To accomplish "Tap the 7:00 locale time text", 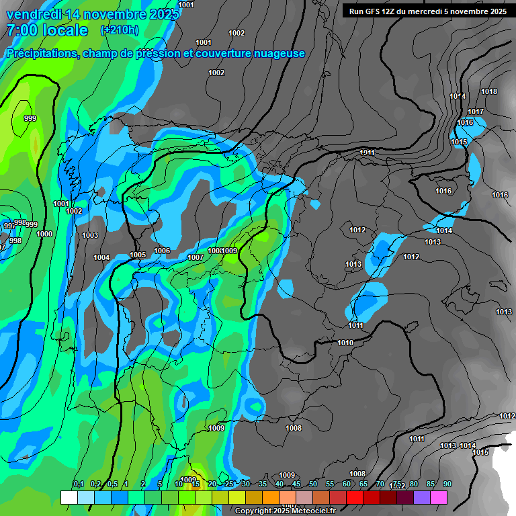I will pyautogui.click(x=47, y=30).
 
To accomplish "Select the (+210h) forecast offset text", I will pyautogui.click(x=120, y=30).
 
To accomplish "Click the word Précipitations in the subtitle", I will pyautogui.click(x=40, y=54).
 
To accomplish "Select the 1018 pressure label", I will pyautogui.click(x=489, y=92).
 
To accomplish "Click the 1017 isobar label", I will pyautogui.click(x=476, y=112).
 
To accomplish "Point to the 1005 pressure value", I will pyautogui.click(x=138, y=255).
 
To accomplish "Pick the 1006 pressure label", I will pyautogui.click(x=162, y=251).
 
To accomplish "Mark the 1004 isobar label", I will pyautogui.click(x=101, y=257).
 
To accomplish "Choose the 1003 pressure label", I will pyautogui.click(x=89, y=235).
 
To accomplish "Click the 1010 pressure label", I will pyautogui.click(x=345, y=343).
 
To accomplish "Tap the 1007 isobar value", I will pyautogui.click(x=196, y=257).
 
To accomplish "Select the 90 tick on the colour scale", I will pyautogui.click(x=447, y=484).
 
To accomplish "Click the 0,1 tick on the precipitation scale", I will pyautogui.click(x=78, y=484).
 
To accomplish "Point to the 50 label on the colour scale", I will pyautogui.click(x=313, y=484).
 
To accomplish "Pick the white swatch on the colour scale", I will pyautogui.click(x=69, y=497).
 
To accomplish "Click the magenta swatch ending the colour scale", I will pyautogui.click(x=439, y=497).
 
